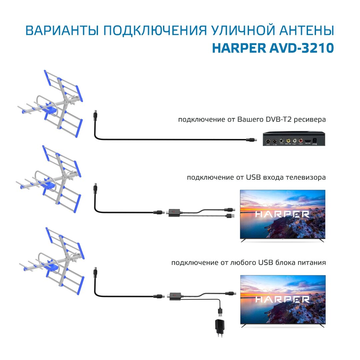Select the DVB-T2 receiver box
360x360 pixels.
click(x=294, y=139)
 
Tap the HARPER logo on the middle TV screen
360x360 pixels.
click(x=283, y=214)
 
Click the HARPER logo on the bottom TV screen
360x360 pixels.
click(x=283, y=299)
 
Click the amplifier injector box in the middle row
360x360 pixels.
click(x=174, y=212)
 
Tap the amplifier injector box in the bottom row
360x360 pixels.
click(x=174, y=296)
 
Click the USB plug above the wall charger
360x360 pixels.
click(x=220, y=312)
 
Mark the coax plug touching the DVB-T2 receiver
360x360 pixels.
click(x=250, y=140)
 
